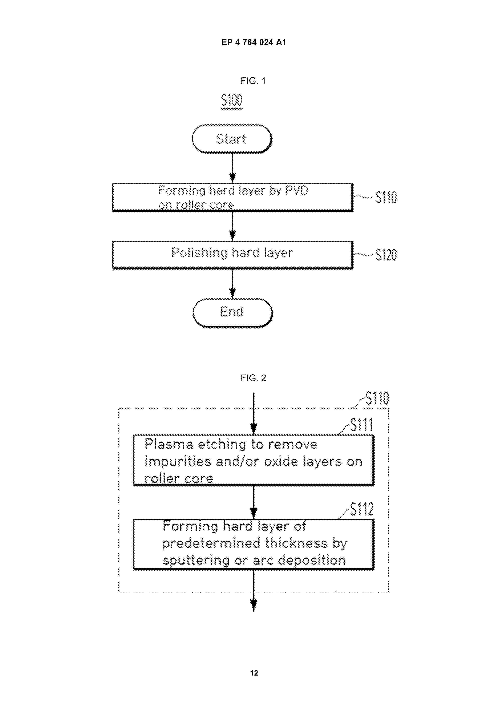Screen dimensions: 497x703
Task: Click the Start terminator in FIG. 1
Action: point(232,139)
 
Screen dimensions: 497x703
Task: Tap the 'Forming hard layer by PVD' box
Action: point(233,197)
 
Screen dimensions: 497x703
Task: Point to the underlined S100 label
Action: point(232,101)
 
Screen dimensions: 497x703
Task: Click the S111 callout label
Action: point(362,425)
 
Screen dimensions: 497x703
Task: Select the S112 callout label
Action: point(362,509)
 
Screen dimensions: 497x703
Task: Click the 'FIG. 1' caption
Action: point(253,81)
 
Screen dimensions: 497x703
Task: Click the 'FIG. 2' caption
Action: point(253,378)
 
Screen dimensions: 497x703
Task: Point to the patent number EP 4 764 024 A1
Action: point(254,42)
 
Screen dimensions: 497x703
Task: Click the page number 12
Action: point(254,673)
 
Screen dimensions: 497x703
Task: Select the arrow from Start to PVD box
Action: point(232,168)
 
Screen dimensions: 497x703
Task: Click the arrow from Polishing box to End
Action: point(232,284)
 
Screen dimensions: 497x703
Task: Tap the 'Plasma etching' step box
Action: point(254,460)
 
